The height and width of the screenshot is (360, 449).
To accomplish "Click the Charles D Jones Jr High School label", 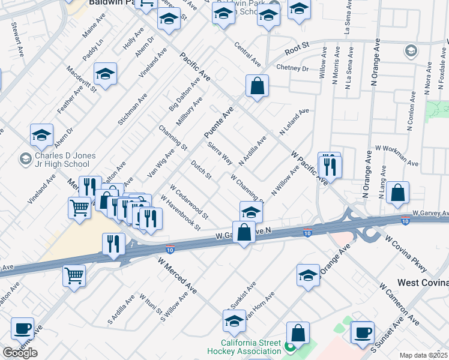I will click(x=58, y=160).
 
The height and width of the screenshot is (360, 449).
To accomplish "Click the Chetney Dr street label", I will click(x=292, y=68).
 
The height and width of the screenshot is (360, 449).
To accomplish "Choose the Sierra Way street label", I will click(x=220, y=153).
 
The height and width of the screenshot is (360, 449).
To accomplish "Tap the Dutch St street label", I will click(x=201, y=169).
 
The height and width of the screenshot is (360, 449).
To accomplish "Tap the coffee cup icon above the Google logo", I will click(x=23, y=328).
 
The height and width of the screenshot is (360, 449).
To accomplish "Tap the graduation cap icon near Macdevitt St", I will click(x=106, y=74).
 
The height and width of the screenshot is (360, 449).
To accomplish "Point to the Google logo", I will click(x=20, y=353).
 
